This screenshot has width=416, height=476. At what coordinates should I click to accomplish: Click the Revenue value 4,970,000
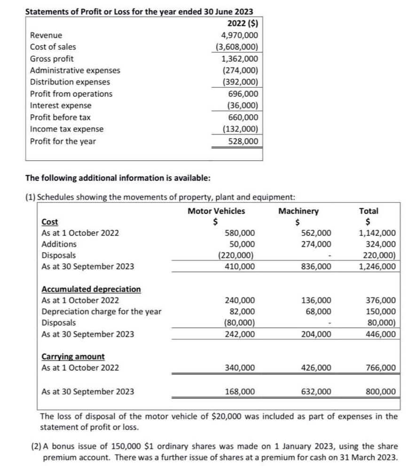click(x=239, y=35)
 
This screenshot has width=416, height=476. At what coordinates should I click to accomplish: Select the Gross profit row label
click(x=52, y=59)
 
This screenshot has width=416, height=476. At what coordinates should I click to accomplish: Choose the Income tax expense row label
click(x=67, y=129)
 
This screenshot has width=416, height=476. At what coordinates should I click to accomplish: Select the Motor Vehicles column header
click(x=216, y=211)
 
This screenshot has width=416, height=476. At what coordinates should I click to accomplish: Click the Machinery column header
click(x=298, y=211)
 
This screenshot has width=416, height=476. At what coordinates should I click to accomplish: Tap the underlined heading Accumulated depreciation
click(x=91, y=289)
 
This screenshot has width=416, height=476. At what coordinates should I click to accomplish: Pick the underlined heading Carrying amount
click(x=73, y=357)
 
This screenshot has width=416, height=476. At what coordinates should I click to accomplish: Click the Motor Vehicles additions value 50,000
click(x=243, y=244)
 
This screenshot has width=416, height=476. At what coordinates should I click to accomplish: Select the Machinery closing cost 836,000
click(x=316, y=266)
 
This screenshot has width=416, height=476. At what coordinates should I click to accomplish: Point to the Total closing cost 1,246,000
click(x=377, y=266)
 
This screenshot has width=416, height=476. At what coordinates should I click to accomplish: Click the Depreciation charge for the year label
click(x=102, y=312)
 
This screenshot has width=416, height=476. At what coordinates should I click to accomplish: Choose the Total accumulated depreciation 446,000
click(x=380, y=334)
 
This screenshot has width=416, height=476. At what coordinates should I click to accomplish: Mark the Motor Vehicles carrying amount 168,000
click(x=240, y=391)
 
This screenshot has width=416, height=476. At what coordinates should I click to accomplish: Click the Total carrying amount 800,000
click(x=380, y=391)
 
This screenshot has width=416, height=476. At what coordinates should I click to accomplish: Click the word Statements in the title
click(x=47, y=12)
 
